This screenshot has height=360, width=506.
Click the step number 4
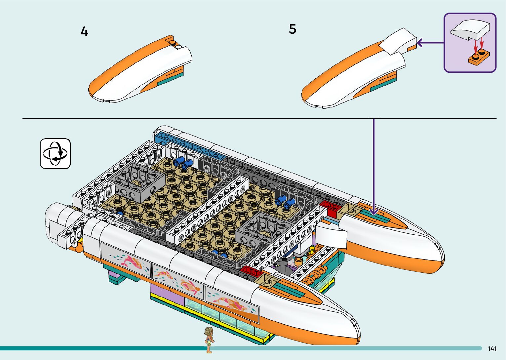coord(84,32)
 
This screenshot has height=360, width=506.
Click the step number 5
coord(292,29)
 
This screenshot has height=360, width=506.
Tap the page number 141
coord(492,348)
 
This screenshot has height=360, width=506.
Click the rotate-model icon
coord(55,153)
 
